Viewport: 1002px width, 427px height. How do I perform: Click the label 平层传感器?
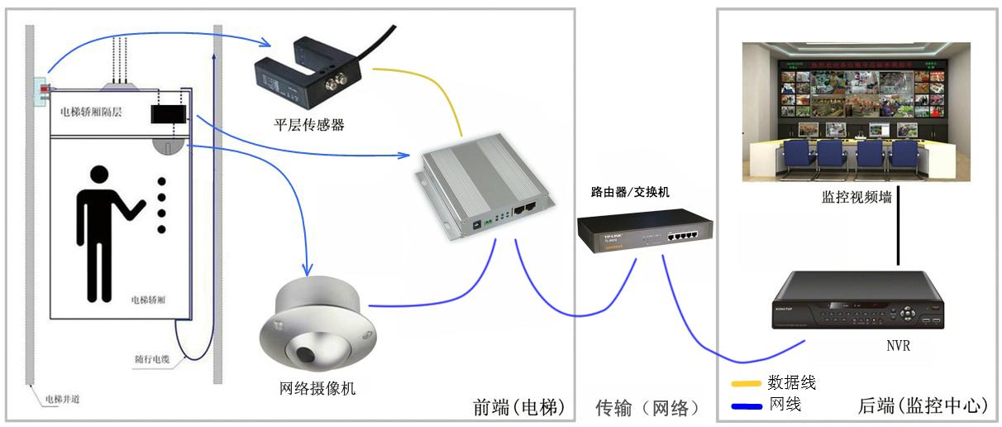pyautogui.click(x=309, y=125)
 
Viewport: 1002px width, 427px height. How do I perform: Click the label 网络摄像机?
pyautogui.click(x=318, y=387)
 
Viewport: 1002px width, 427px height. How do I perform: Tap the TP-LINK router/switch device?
pyautogui.click(x=645, y=230)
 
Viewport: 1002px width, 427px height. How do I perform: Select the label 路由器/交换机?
pyautogui.click(x=630, y=192)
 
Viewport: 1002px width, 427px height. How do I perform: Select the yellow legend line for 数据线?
pyautogui.click(x=746, y=384)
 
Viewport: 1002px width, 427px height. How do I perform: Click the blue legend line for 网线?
pyautogui.click(x=746, y=405)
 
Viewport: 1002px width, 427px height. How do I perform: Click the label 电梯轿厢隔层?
pyautogui.click(x=92, y=111)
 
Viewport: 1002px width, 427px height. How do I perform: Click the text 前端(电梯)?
pyautogui.click(x=518, y=407)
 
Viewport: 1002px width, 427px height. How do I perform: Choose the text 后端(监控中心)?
pyautogui.click(x=922, y=406)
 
